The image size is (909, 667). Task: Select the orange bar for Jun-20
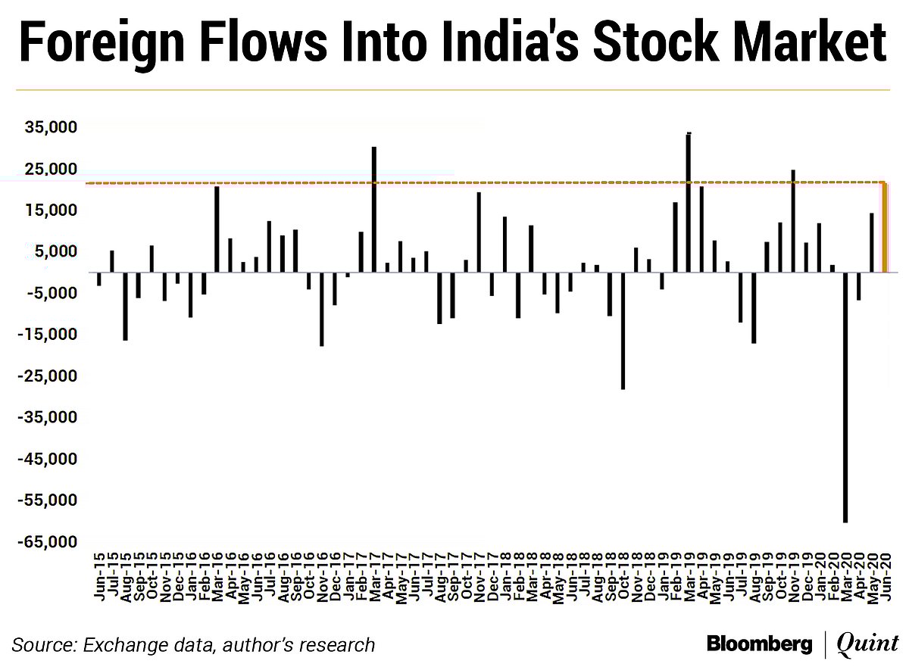click(x=885, y=227)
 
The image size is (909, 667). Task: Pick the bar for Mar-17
click(x=374, y=209)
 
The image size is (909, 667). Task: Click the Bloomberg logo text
click(x=760, y=644)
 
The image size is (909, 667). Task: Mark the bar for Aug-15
click(x=125, y=306)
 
